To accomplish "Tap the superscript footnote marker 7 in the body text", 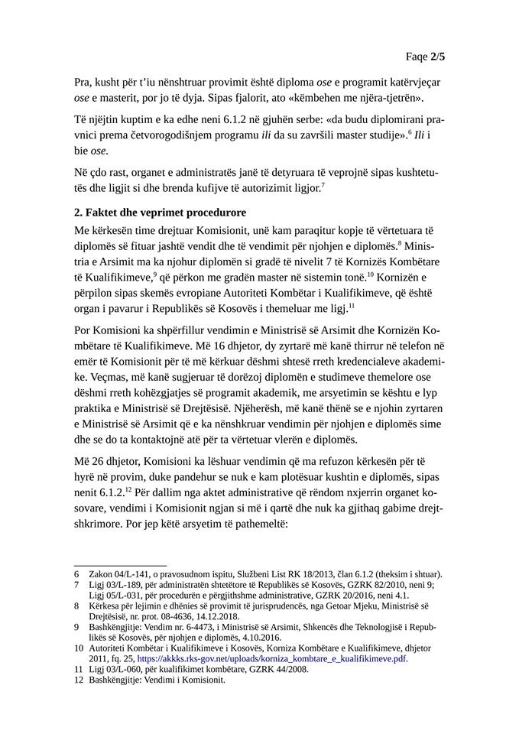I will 323,183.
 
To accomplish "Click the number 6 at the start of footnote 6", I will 76,573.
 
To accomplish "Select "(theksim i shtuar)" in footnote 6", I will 405,573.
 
